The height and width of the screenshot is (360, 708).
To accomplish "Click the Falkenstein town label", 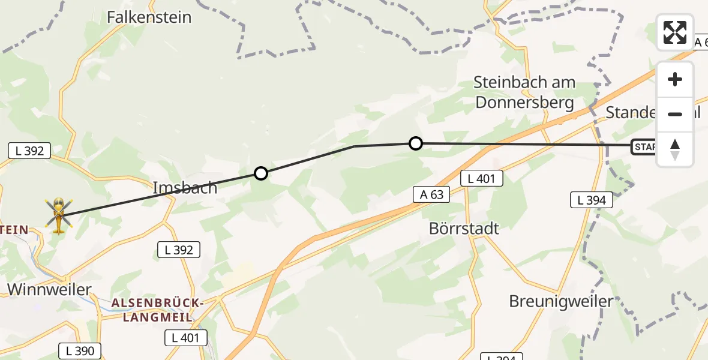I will [149, 17].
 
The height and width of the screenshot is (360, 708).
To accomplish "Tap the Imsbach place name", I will [185, 188].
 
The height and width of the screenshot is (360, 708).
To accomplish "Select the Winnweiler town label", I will [49, 290].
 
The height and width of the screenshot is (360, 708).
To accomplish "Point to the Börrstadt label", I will [464, 229].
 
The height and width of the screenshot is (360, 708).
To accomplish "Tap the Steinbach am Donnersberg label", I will [525, 92].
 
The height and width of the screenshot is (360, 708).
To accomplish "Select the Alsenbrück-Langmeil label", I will [158, 310].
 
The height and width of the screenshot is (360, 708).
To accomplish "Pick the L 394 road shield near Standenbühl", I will [591, 200].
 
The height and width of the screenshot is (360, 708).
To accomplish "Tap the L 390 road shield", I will [80, 351].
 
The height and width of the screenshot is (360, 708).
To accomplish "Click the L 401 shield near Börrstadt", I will [482, 178].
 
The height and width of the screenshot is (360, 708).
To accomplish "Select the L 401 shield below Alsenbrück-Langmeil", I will [186, 338].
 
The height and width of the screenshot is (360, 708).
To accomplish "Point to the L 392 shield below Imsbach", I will [178, 250].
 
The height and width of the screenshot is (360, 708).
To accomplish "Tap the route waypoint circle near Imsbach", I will [260, 173].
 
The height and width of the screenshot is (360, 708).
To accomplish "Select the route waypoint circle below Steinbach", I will [415, 143].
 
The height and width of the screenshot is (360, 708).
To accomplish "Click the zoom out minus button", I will [675, 114].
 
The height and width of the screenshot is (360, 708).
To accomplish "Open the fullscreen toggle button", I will [675, 32].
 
